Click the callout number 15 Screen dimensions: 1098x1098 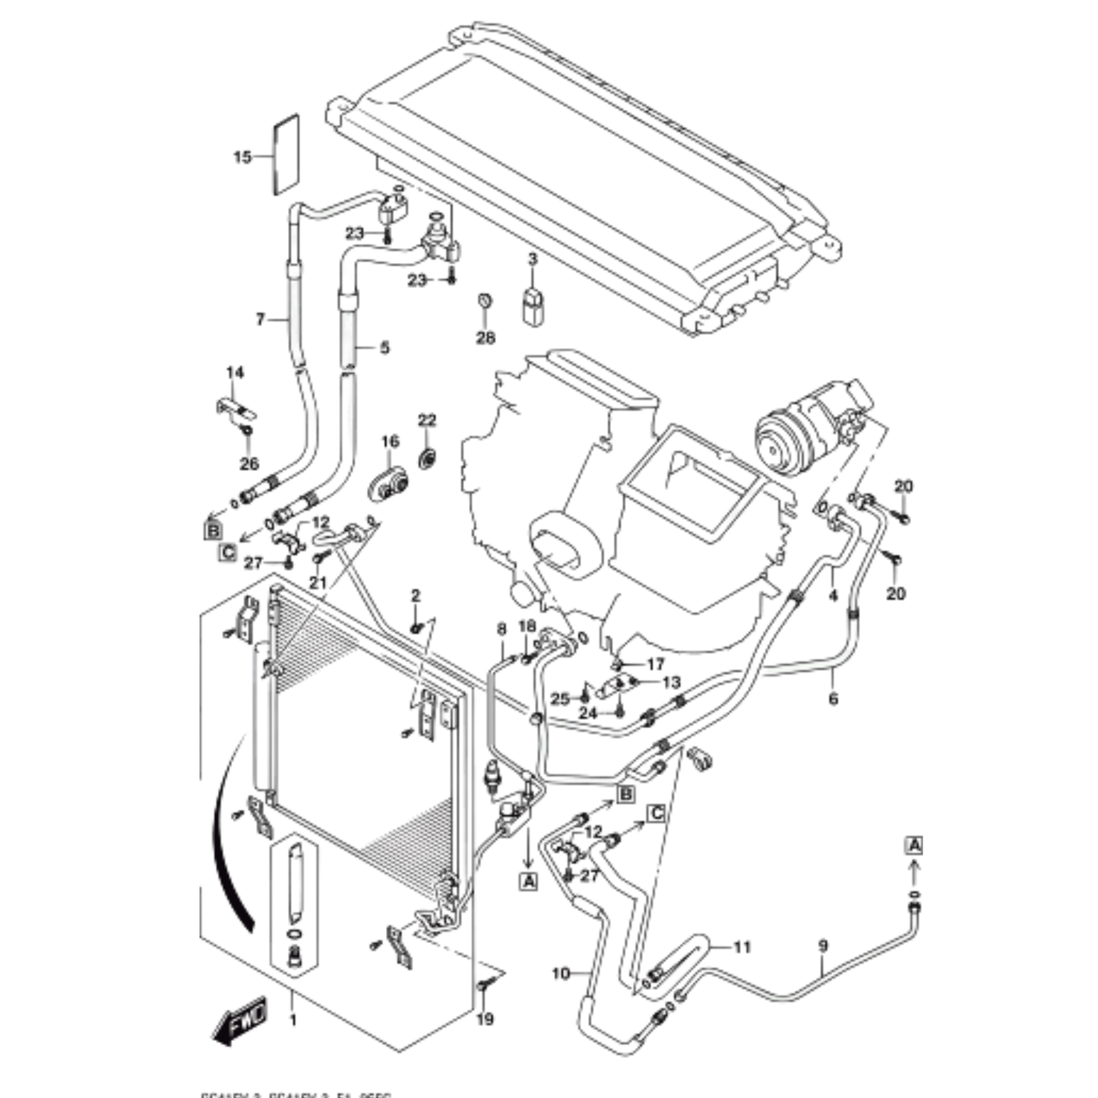(242, 157)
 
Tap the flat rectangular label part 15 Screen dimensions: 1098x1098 (286, 155)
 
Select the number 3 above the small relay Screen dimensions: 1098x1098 (533, 259)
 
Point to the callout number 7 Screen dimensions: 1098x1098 (261, 320)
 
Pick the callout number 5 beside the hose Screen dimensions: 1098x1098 (384, 347)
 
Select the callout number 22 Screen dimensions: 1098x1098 (427, 420)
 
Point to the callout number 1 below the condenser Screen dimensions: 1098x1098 (293, 1020)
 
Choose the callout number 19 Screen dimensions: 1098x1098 (485, 1019)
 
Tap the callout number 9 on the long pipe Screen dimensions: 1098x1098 (823, 946)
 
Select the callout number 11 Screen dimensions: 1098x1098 (742, 947)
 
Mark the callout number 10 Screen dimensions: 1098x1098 (560, 973)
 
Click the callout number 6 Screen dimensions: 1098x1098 (833, 698)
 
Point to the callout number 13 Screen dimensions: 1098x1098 (672, 682)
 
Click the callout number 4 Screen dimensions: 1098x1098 (833, 595)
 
